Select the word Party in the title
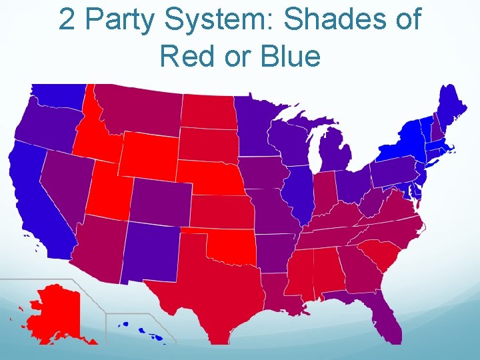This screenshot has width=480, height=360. coord(127,20)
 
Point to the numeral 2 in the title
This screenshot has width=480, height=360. coord(67,20)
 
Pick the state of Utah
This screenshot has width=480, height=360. coord(107,190)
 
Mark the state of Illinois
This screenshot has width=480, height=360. coord(297,193)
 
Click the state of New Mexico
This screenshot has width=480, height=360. coord(150,250)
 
